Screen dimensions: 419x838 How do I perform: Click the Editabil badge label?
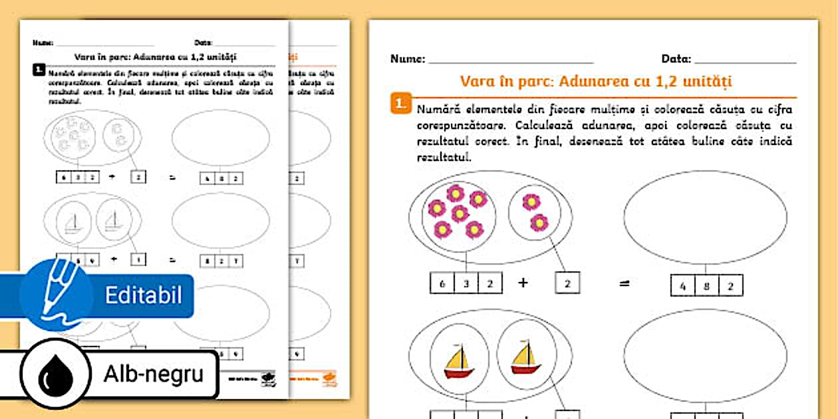(x=143, y=295)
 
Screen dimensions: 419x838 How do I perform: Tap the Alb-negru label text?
(x=153, y=374)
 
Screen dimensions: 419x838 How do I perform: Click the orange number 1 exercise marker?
(x=400, y=104)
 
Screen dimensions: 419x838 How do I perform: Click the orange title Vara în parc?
(x=595, y=81)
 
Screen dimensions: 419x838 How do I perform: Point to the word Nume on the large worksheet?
(x=407, y=59)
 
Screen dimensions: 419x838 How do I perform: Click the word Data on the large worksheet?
(x=676, y=59)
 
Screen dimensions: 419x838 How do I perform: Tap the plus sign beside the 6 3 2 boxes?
(x=523, y=282)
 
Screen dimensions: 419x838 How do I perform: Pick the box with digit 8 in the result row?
(x=707, y=285)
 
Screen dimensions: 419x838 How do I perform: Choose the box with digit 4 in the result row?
(x=683, y=285)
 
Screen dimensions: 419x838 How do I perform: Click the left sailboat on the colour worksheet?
(x=459, y=361)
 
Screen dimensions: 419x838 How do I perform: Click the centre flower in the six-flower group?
(x=460, y=213)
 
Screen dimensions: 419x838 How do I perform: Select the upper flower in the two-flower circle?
(x=531, y=202)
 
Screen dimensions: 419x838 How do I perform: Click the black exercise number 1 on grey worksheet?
(x=40, y=69)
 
